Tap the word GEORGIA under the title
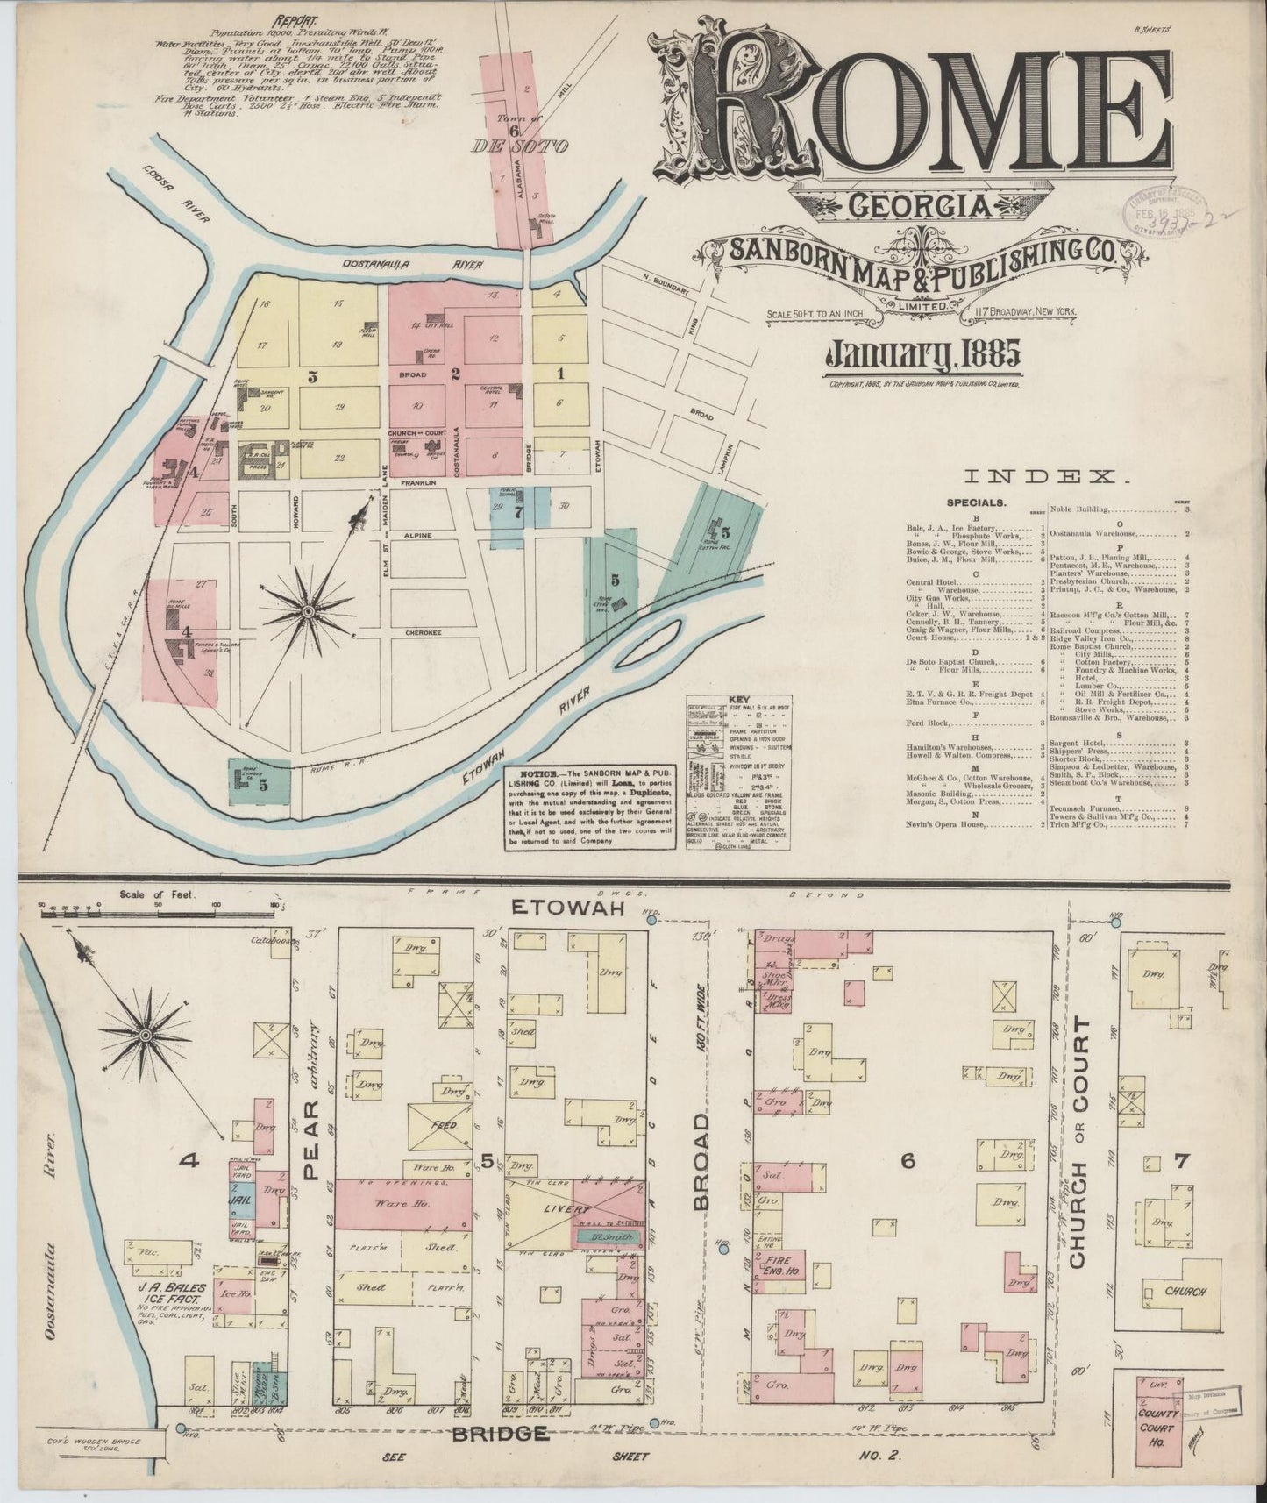point(920,208)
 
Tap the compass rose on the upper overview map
point(309,609)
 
